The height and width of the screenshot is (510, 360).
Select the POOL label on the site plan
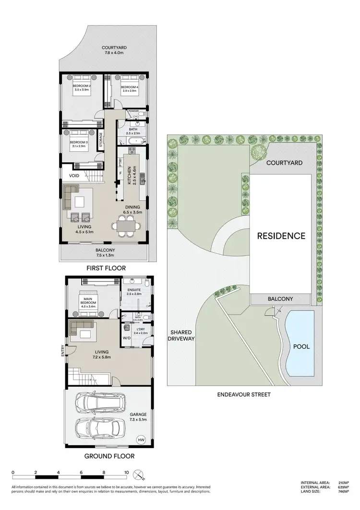click(301, 346)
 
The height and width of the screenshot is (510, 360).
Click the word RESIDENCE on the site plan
click(281, 236)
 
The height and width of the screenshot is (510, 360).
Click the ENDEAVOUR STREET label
click(244, 395)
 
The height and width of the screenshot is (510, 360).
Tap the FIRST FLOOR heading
click(106, 268)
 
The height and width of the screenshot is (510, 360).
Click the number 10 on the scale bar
click(126, 473)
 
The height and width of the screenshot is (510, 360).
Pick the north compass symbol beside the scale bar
click(139, 475)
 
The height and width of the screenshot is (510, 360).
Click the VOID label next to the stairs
click(74, 176)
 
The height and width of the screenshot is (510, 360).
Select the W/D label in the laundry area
click(126, 338)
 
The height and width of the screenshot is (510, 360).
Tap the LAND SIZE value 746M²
click(343, 491)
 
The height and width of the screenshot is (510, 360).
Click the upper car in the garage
click(102, 403)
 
